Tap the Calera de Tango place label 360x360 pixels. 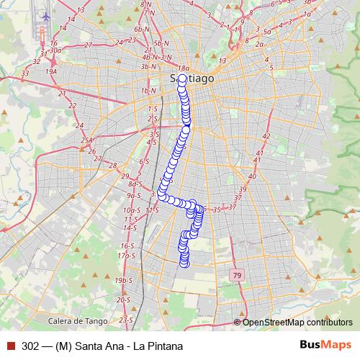(78, 320)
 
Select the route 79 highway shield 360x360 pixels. (237, 276)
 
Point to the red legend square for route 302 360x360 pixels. (10, 346)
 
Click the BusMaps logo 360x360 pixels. (326, 345)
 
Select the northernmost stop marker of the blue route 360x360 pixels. (181, 78)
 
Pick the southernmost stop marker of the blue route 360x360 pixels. (184, 263)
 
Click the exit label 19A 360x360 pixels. (50, 72)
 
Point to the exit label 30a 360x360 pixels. (55, 50)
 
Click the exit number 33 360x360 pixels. (26, 73)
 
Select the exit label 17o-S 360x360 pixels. (127, 256)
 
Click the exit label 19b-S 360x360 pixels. (125, 280)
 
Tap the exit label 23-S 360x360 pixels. (127, 319)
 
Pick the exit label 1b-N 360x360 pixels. (149, 91)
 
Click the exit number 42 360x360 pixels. (266, 136)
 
